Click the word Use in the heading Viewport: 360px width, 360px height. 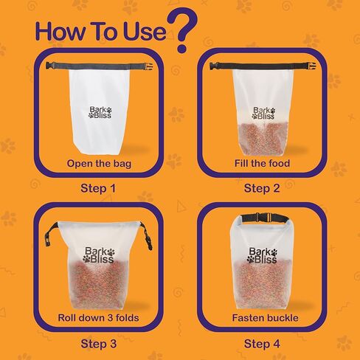pyautogui.click(x=145, y=32)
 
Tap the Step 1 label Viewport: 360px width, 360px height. pyautogui.click(x=98, y=189)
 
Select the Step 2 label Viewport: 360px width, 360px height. pyautogui.click(x=262, y=189)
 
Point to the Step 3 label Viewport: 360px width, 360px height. pyautogui.click(x=98, y=344)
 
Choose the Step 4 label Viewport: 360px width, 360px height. pyautogui.click(x=262, y=344)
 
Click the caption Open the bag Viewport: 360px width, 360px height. pyautogui.click(x=99, y=164)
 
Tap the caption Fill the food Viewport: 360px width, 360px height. pyautogui.click(x=262, y=163)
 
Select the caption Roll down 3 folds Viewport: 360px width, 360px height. pyautogui.click(x=98, y=318)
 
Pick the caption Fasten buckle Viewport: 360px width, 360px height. pyautogui.click(x=265, y=318)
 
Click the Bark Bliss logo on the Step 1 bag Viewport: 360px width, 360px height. pyautogui.click(x=100, y=112)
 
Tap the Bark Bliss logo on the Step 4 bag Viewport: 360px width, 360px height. pyautogui.click(x=263, y=255)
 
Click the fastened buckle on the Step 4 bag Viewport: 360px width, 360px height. pyautogui.click(x=263, y=218)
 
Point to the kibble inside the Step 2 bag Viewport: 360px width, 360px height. pyautogui.click(x=263, y=139)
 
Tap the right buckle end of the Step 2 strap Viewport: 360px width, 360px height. pyautogui.click(x=311, y=66)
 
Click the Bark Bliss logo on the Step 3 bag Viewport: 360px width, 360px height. pyautogui.click(x=99, y=255)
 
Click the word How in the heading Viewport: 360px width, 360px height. pyautogui.click(x=60, y=32)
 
